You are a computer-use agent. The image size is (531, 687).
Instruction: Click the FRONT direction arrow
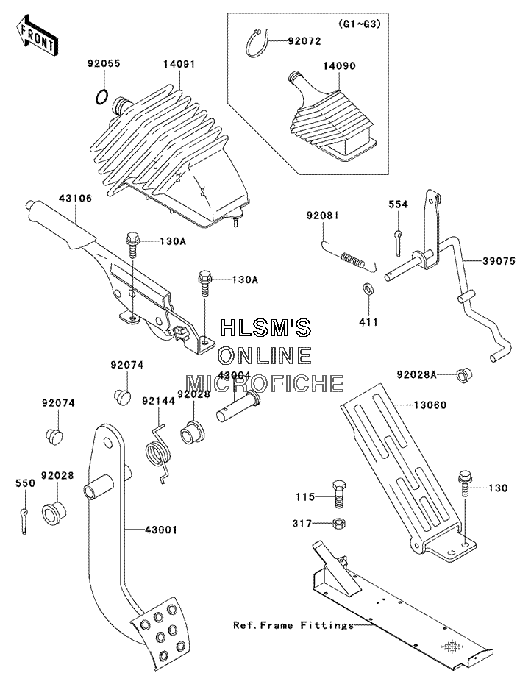36,35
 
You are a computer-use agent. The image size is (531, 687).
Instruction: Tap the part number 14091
179,64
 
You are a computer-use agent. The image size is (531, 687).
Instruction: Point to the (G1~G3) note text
359,24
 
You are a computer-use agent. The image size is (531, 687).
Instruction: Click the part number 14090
339,66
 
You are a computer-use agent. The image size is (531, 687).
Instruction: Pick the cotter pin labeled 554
398,243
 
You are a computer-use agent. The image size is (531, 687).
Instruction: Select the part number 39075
499,261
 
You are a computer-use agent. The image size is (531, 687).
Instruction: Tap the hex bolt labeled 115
338,494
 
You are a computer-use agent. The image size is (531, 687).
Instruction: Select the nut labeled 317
338,523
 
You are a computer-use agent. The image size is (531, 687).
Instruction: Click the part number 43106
75,199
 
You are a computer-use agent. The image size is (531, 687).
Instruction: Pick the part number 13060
430,405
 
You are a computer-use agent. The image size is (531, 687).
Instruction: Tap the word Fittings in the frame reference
327,625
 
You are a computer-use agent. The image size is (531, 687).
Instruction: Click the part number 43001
161,530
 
